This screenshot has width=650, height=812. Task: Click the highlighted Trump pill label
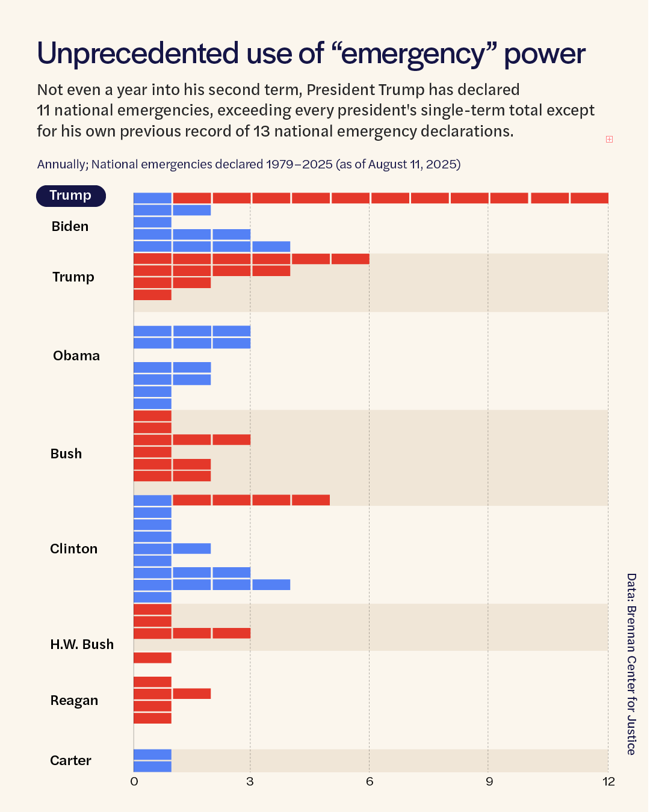(71, 195)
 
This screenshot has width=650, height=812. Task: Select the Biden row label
(70, 227)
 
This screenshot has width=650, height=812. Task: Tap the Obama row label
(76, 355)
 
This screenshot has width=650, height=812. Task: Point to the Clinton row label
(73, 549)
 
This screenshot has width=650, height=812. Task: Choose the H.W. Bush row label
(82, 644)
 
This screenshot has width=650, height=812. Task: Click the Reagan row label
(74, 701)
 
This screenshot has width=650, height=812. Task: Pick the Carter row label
(70, 761)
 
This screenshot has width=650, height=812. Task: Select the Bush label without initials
(66, 454)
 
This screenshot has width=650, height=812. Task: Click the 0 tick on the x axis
(134, 781)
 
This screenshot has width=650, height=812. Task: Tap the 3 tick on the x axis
(250, 781)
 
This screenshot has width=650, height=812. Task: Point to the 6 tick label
(369, 781)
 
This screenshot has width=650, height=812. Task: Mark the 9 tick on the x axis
(489, 781)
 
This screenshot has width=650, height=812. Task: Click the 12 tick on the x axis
(608, 781)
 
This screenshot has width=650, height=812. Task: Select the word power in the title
(544, 55)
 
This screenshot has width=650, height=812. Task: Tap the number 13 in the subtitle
(261, 131)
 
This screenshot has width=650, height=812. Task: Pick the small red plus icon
(609, 140)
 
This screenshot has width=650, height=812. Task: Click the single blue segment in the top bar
(152, 198)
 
